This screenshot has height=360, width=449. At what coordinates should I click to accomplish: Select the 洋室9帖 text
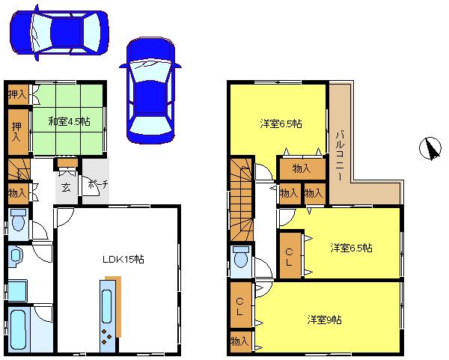point(323,320)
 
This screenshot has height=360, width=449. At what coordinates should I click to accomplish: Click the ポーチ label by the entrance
point(96,184)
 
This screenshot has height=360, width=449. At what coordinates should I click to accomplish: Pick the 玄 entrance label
point(66,188)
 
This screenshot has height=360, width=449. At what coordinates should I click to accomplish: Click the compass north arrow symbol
point(430,149)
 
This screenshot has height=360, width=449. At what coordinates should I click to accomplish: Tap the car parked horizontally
point(58,31)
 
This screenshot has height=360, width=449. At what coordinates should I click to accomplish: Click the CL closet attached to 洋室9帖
point(240,306)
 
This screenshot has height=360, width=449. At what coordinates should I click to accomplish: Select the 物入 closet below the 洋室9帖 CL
point(239,341)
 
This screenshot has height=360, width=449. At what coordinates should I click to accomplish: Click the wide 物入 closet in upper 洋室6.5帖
point(302,169)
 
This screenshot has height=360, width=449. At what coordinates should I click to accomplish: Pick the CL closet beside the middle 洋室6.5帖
point(289,255)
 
